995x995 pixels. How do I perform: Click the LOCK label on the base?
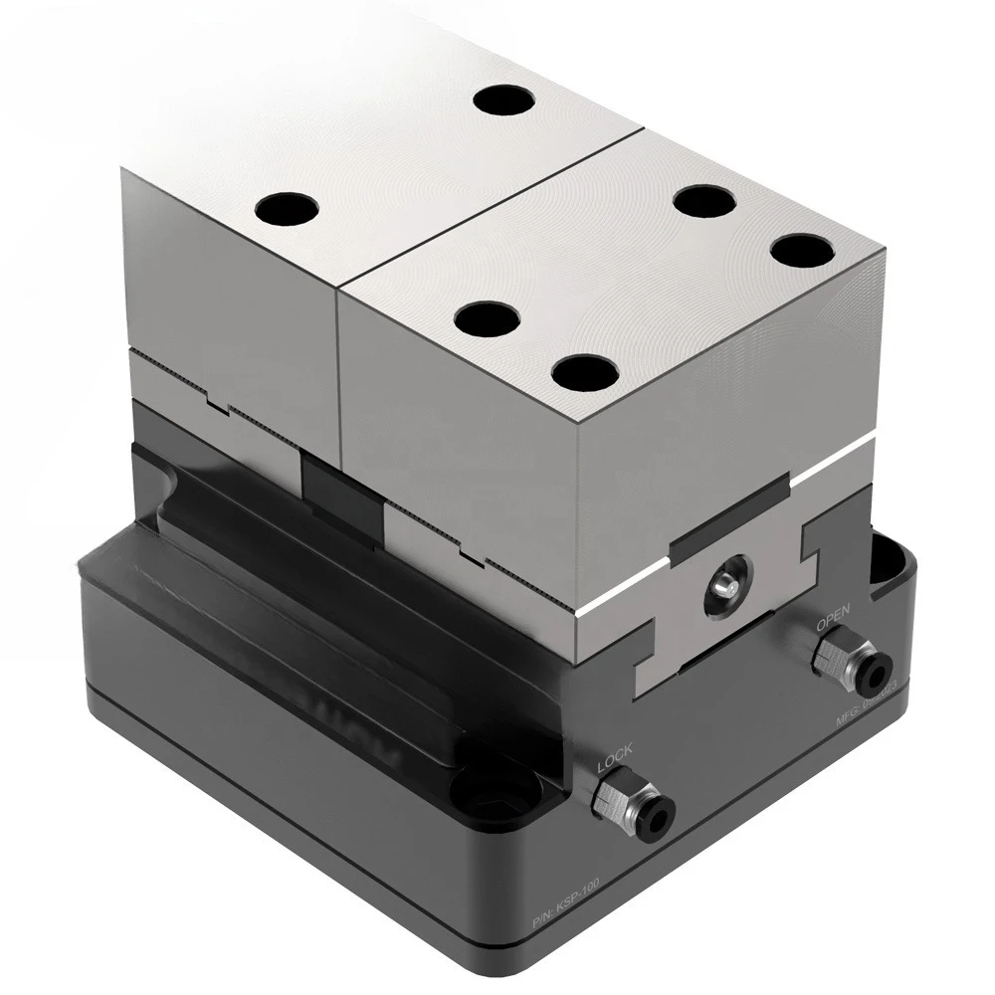[x=614, y=758]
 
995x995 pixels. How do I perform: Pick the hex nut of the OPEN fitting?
[x=830, y=656]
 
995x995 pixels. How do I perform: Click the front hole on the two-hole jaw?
[x=287, y=209]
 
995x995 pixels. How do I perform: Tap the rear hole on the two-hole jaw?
[x=503, y=100]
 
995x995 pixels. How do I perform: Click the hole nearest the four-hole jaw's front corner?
[x=585, y=372]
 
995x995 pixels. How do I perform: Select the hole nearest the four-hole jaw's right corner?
[x=802, y=251]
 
